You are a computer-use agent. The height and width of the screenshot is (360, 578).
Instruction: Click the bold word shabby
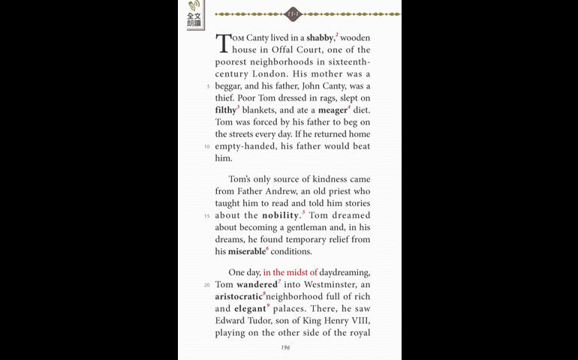coord(320,37)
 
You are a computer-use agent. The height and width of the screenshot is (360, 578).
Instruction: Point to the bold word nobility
coord(281,215)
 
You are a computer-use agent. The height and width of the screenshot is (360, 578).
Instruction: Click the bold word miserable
coord(246,251)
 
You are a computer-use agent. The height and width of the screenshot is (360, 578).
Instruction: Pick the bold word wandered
coord(257,285)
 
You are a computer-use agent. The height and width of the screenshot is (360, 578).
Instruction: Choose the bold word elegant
coord(251,309)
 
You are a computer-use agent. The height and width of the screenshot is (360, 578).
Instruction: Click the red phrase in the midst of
coord(291,272)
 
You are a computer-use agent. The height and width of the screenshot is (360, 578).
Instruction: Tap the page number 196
coord(285,348)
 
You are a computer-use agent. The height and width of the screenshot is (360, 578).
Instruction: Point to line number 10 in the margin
coord(206,146)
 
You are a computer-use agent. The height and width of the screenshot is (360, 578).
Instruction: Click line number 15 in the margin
coord(206,216)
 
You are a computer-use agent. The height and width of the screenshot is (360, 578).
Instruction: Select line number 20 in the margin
coord(206,285)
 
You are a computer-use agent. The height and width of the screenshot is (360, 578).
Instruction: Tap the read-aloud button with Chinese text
coord(194,15)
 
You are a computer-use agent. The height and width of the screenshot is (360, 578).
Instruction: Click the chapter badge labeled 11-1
coord(294,13)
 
